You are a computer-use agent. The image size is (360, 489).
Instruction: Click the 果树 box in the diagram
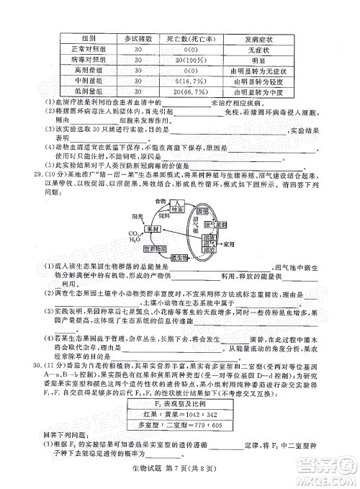(x=153, y=228)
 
